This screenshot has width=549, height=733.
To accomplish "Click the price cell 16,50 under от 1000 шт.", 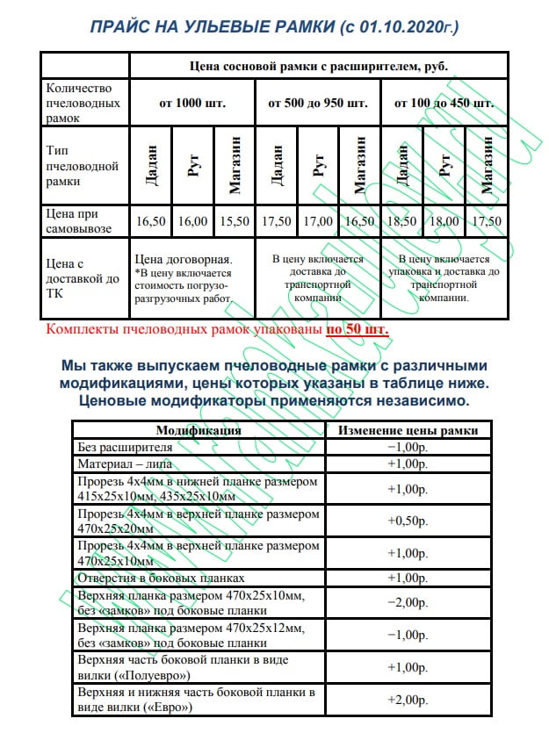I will (x=151, y=222).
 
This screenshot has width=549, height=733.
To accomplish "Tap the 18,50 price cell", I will (x=401, y=222).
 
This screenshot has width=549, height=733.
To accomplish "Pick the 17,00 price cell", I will (x=318, y=222).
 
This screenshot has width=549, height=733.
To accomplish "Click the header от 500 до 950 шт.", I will (x=317, y=103).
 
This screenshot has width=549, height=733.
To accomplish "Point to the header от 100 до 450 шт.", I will (x=444, y=103).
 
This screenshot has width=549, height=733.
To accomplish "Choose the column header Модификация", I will (x=199, y=431).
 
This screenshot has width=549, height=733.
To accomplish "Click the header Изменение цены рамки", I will (x=408, y=431).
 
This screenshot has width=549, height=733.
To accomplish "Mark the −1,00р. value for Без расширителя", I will (x=408, y=447).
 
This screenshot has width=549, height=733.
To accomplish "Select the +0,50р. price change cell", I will (x=408, y=521).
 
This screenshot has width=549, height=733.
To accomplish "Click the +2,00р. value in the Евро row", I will (x=408, y=700).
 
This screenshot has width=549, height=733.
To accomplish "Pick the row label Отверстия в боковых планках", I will (x=162, y=578).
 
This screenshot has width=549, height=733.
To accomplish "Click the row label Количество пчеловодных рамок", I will (x=85, y=103).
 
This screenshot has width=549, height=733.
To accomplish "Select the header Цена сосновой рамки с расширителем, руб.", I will (x=318, y=66).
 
